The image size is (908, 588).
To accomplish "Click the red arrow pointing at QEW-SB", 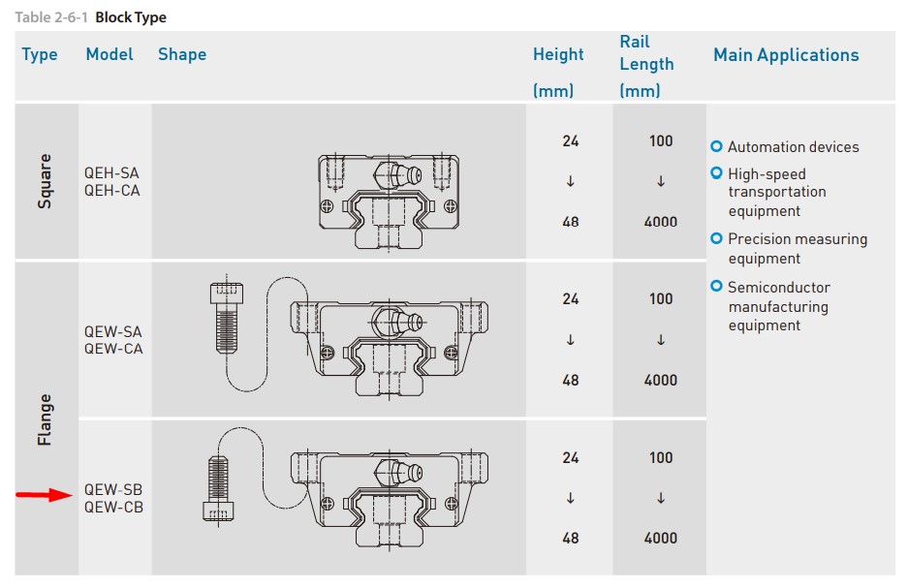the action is point(44,495).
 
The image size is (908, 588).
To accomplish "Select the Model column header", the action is point(110,54).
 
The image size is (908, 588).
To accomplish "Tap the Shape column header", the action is point(182,54).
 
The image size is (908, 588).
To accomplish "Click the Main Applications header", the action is point(786,55).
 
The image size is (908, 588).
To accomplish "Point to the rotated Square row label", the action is point(45,181).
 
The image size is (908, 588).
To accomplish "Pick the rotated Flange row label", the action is point(45,419).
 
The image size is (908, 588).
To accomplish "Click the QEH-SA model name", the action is point(111,173).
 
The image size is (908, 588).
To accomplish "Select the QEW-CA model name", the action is point(113,349).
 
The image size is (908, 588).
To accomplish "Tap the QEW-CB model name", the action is point(113,507).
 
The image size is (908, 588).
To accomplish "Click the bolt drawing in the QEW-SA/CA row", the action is point(227,318).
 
